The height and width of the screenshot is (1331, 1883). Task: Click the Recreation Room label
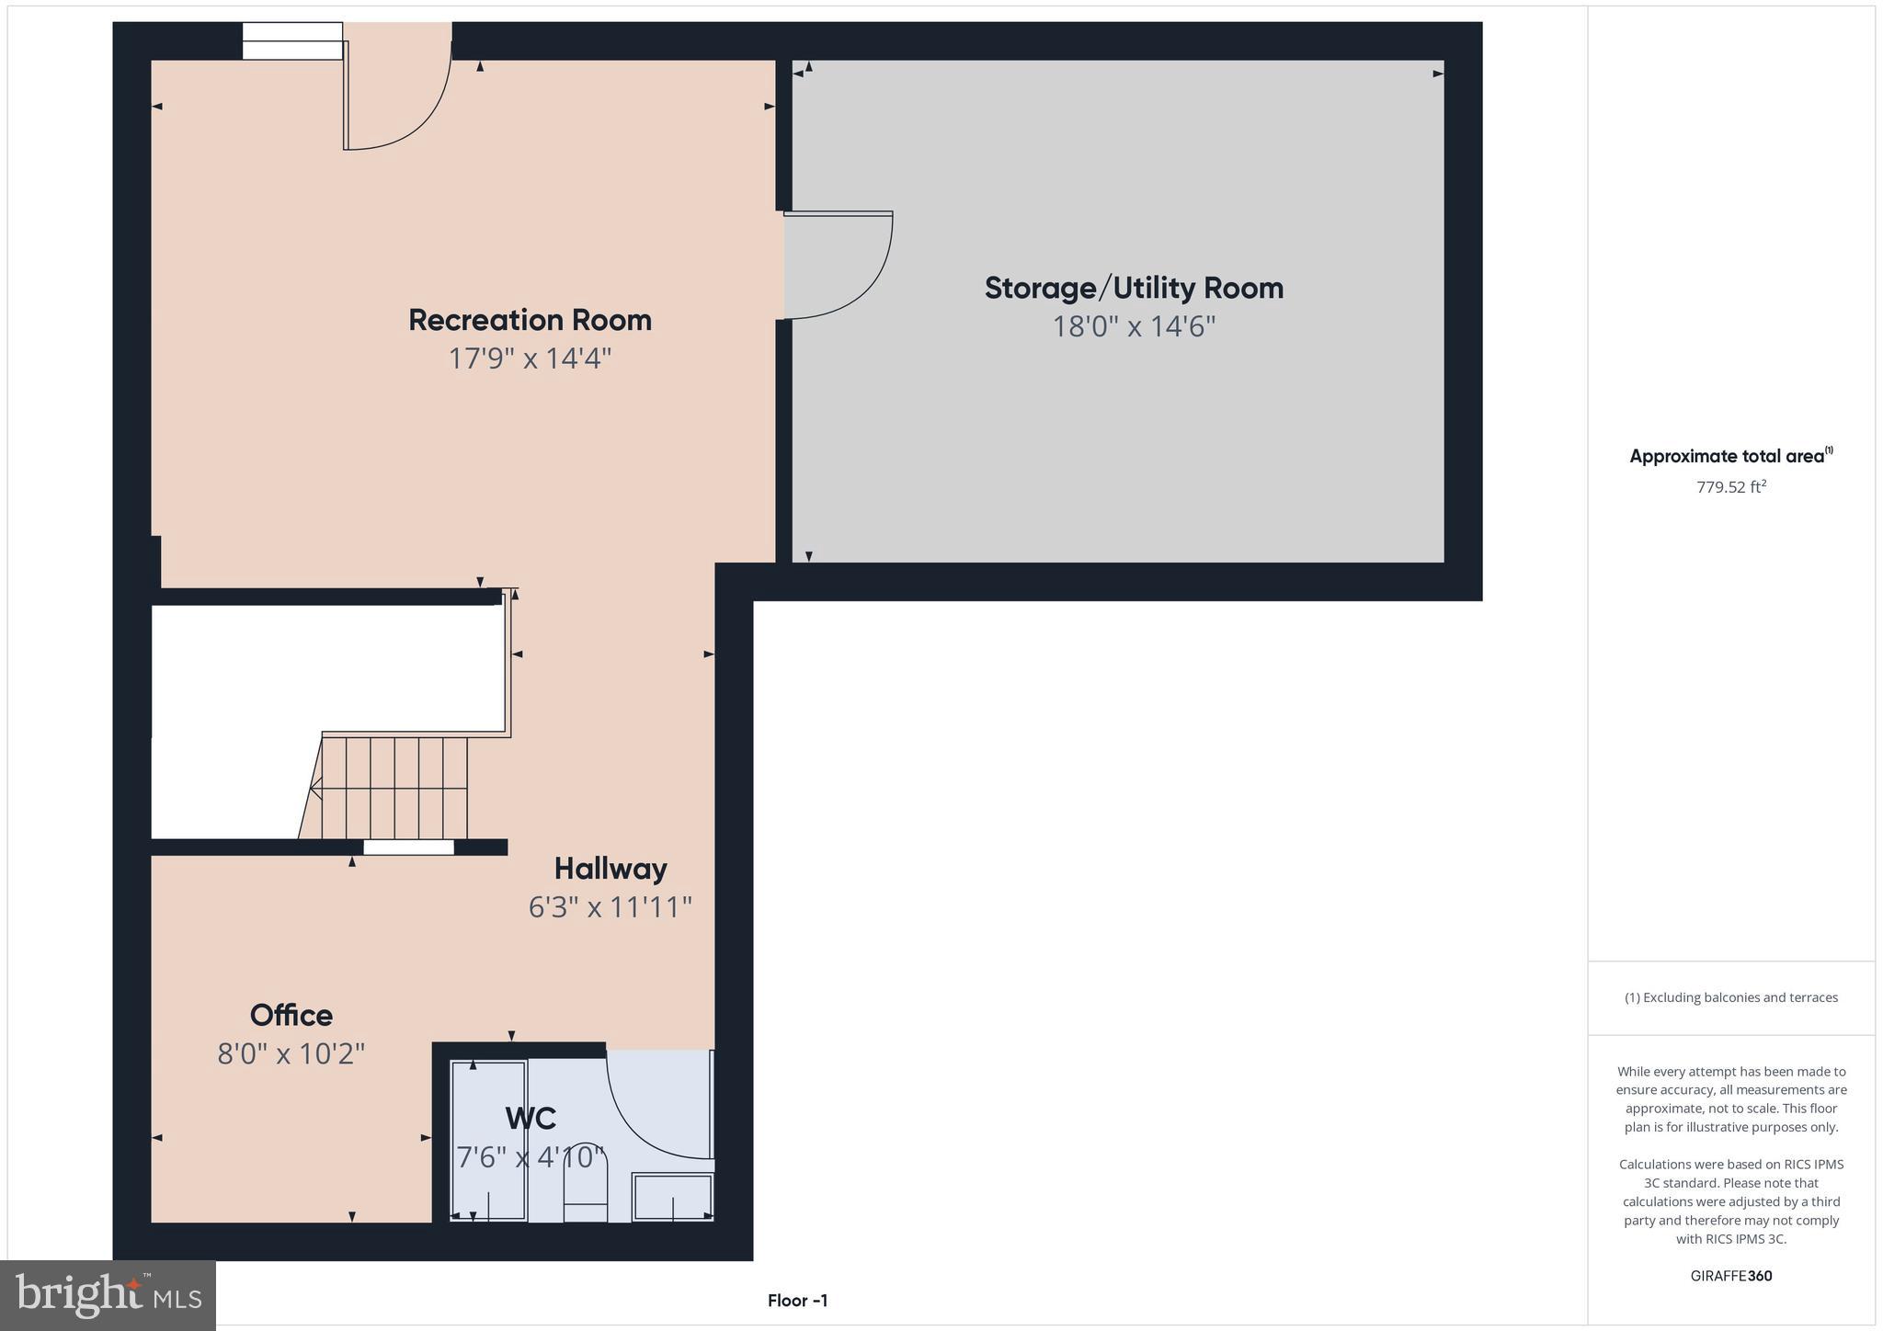(530, 320)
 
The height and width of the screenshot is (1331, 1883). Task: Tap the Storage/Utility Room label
(1134, 288)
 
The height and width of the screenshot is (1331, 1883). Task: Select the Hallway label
(611, 869)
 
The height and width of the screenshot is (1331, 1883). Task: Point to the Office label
(291, 1015)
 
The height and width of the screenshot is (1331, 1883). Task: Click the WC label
(531, 1119)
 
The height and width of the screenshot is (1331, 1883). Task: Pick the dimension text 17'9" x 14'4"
(530, 358)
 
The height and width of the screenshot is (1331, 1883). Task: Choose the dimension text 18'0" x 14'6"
(1134, 326)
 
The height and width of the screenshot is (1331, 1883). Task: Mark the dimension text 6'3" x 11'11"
(611, 907)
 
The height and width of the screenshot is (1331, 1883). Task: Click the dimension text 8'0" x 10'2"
(291, 1053)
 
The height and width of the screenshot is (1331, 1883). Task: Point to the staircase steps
(395, 788)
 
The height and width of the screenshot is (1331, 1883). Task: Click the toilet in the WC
(586, 1194)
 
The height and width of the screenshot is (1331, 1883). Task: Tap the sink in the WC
(673, 1197)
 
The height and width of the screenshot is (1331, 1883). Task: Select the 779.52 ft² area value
(1731, 487)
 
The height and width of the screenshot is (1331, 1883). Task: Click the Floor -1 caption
(798, 1301)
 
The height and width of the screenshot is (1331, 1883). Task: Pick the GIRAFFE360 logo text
(1731, 1276)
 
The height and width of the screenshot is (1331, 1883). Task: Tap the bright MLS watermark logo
(108, 1295)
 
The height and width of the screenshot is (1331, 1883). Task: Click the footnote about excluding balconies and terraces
(1731, 997)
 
